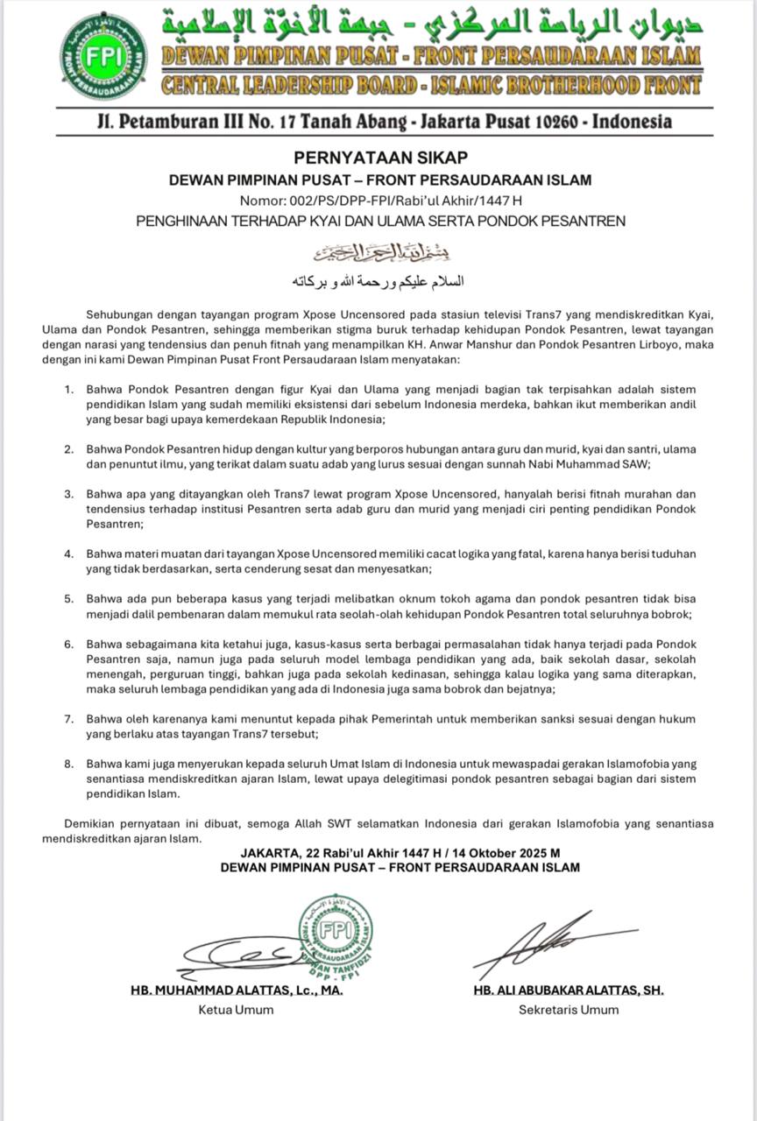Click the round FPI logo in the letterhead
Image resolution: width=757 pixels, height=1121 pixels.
point(104,57)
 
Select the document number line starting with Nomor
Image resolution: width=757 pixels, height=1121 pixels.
point(380,201)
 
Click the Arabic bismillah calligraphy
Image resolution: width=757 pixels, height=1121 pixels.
point(378,255)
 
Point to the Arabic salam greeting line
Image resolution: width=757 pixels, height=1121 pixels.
point(378,282)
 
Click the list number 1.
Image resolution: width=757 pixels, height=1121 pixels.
point(68,388)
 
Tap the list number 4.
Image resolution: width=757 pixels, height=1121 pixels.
point(68,554)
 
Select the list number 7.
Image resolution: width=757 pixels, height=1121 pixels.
point(68,719)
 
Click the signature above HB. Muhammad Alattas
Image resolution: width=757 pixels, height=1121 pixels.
point(237,950)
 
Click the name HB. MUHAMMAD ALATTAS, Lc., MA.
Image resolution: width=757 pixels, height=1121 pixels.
point(237,991)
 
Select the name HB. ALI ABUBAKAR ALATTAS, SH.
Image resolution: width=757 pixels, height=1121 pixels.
point(568,991)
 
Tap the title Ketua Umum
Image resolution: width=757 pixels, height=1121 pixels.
point(237,1010)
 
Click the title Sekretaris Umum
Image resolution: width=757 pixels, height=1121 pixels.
point(568,1010)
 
